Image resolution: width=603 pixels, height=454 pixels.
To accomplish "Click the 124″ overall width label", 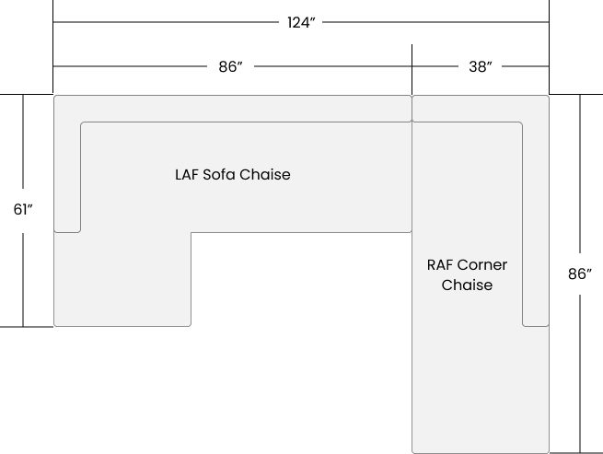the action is click(301, 23).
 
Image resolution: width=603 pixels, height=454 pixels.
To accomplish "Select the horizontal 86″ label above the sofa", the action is click(231, 66).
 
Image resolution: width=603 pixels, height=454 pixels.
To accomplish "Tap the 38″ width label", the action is click(481, 66).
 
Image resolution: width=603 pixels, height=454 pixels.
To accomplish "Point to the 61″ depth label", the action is click(23, 210).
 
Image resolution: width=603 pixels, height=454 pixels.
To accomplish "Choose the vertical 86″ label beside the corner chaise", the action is click(580, 274).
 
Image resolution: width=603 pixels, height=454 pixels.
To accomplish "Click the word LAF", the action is click(187, 175).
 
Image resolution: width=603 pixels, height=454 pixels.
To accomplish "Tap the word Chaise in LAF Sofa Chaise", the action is click(264, 175).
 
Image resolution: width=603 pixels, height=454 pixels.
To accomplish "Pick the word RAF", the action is click(440, 265).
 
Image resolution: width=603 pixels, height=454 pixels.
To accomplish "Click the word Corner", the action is click(482, 265).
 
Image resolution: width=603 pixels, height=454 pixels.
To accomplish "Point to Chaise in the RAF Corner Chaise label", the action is click(467, 285).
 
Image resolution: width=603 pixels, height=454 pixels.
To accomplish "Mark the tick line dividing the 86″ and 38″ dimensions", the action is click(412, 69).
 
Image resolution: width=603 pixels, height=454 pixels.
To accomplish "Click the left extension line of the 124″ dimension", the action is click(53, 46).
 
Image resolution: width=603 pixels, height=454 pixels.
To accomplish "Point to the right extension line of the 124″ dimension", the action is click(550, 46).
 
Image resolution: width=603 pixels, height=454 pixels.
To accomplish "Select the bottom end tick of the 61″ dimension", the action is click(27, 327).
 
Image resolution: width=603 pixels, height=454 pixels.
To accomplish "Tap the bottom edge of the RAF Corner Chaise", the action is click(481, 453).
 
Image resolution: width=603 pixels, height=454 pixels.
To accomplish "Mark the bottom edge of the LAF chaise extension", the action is click(122, 326).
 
